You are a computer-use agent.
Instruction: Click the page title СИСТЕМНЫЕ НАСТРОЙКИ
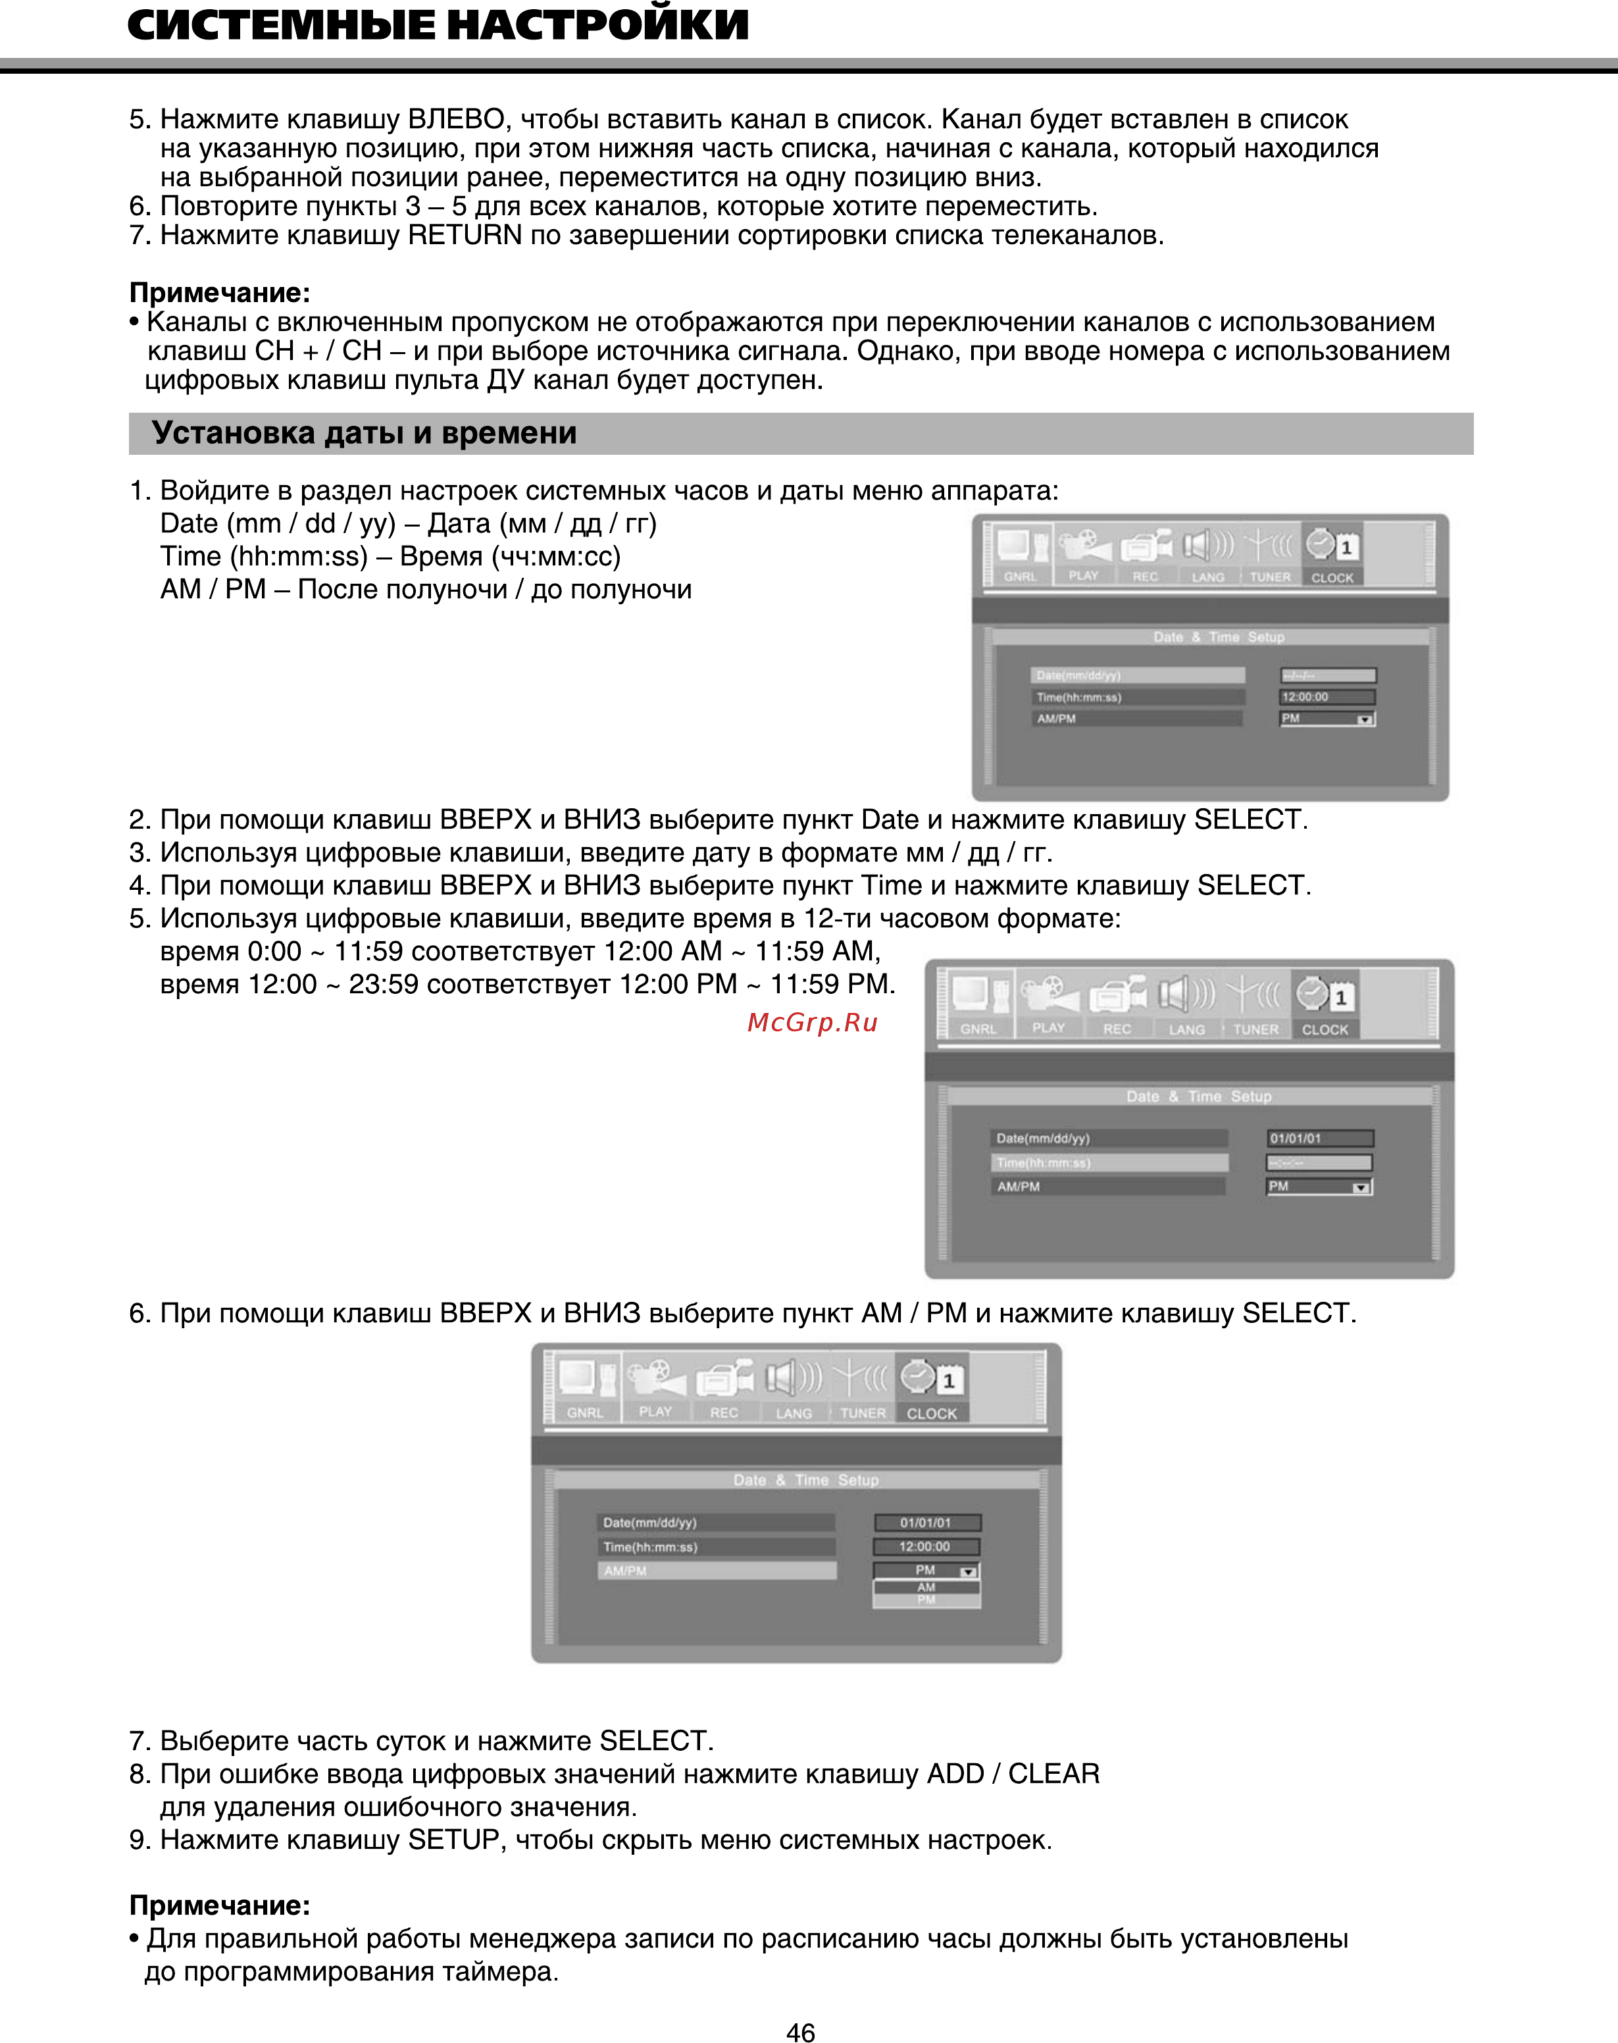click(x=438, y=26)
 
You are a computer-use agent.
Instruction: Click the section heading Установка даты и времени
click(x=364, y=433)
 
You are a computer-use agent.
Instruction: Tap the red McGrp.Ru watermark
click(x=812, y=1022)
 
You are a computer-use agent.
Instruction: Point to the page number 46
click(x=801, y=2030)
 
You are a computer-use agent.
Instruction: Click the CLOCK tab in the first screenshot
click(x=1331, y=577)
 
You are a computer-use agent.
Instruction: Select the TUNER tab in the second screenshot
click(x=1255, y=1029)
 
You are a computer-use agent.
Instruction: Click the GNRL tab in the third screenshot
click(x=584, y=1413)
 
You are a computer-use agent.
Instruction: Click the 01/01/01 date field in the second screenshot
click(x=1319, y=1138)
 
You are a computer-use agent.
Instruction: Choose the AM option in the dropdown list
click(x=926, y=1588)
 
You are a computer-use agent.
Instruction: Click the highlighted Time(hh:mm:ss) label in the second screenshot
click(x=1108, y=1163)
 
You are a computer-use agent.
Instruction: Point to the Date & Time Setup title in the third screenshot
click(x=805, y=1480)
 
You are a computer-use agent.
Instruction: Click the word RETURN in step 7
click(x=464, y=235)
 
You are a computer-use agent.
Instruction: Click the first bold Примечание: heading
click(x=220, y=293)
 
